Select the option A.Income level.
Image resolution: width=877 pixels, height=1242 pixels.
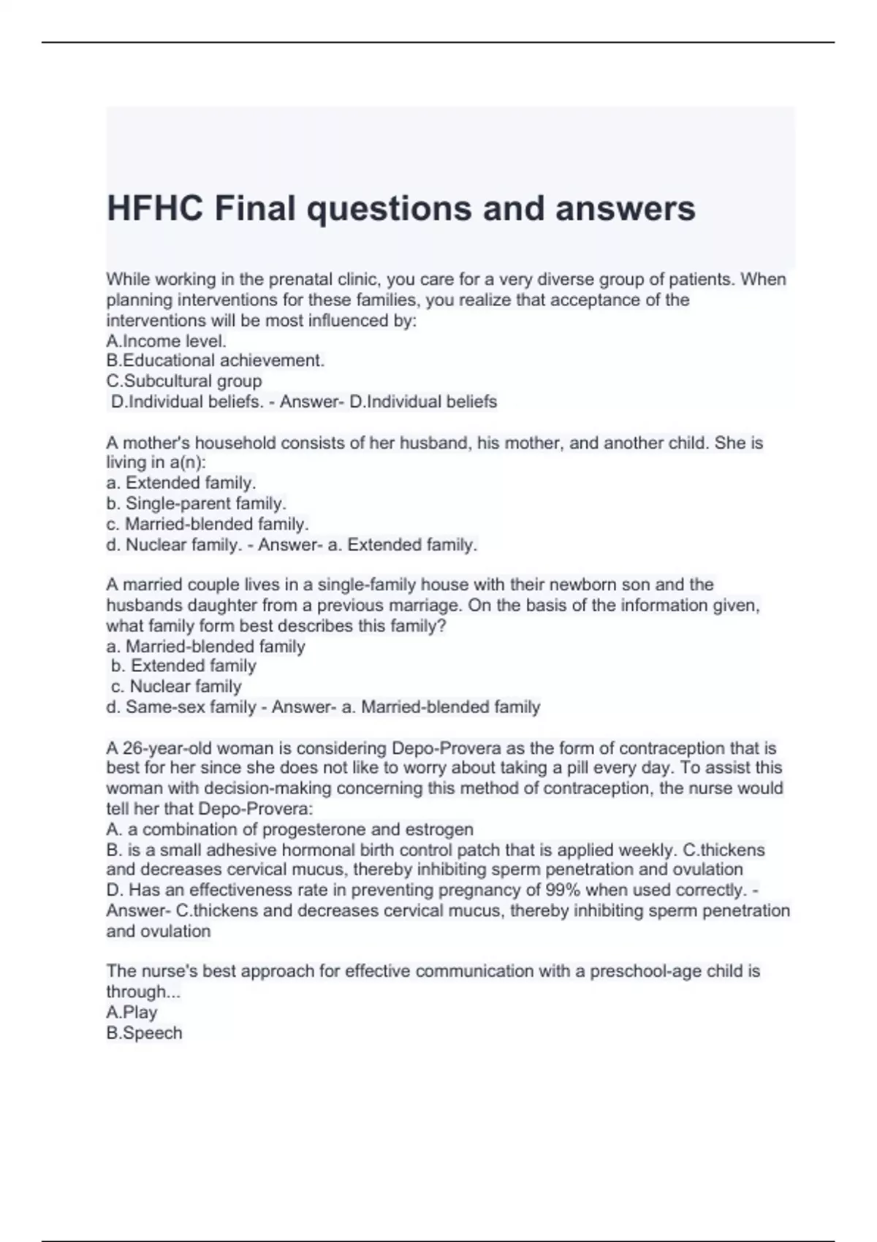coord(166,340)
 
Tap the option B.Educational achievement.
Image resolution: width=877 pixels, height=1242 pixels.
coord(215,360)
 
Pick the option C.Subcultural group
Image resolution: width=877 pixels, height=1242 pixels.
coord(183,381)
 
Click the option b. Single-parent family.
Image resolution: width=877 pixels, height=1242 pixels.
coord(196,503)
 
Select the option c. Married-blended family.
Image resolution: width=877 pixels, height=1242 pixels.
coord(208,524)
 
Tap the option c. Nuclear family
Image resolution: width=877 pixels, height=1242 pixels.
coord(176,686)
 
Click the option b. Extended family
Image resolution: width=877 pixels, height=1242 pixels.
coord(183,666)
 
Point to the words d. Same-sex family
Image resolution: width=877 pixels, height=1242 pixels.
coord(181,706)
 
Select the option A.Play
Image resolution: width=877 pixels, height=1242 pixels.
coord(132,1012)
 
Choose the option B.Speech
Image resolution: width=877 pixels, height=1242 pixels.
coord(144,1032)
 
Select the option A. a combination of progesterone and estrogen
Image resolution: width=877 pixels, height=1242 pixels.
coord(289,829)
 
